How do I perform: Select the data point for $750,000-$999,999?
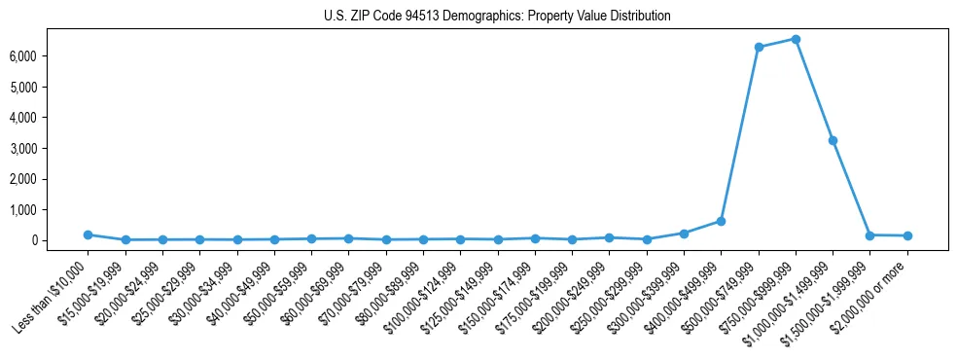tap(796, 39)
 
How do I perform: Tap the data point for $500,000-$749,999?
tap(759, 47)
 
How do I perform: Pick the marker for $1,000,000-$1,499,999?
tap(833, 140)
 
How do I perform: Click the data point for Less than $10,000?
tap(88, 234)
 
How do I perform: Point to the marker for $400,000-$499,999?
tap(721, 221)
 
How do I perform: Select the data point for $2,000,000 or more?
tap(907, 235)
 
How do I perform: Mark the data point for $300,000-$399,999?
tap(684, 234)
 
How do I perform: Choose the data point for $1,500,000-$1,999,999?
tap(870, 234)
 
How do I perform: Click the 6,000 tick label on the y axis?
tap(49, 56)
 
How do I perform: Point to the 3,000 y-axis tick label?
tap(49, 148)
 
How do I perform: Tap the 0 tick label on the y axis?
tap(59, 240)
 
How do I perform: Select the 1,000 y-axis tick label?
tap(49, 209)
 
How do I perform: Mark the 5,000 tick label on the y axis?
tap(49, 87)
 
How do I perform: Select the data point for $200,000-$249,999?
tap(609, 237)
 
